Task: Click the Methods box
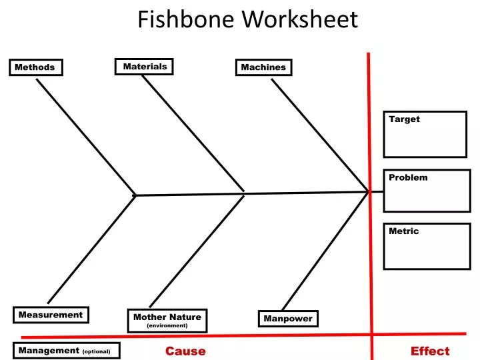tap(36, 67)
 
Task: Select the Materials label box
tap(145, 67)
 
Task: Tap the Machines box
tap(263, 67)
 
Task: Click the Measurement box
tap(51, 315)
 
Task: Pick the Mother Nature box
tap(167, 320)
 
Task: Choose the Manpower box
tap(288, 319)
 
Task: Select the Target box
tap(425, 134)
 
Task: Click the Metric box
tap(427, 246)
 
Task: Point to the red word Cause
tap(185, 351)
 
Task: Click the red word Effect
tap(430, 351)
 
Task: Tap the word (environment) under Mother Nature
tap(167, 326)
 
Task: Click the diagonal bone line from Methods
tap(85, 137)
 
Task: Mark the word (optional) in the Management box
tap(97, 351)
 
